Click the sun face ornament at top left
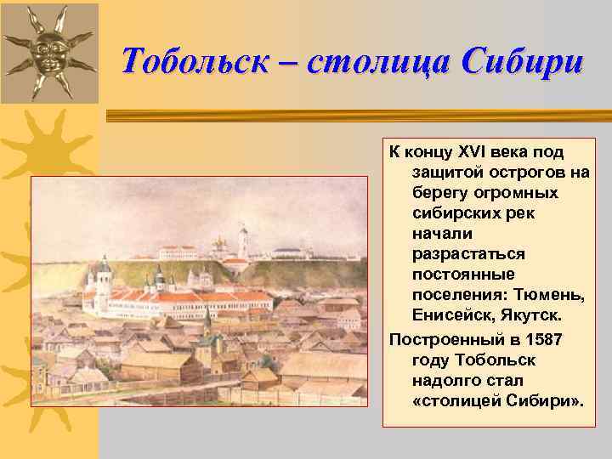49,53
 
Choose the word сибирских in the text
452,213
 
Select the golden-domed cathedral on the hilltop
220,246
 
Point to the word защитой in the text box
445,173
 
